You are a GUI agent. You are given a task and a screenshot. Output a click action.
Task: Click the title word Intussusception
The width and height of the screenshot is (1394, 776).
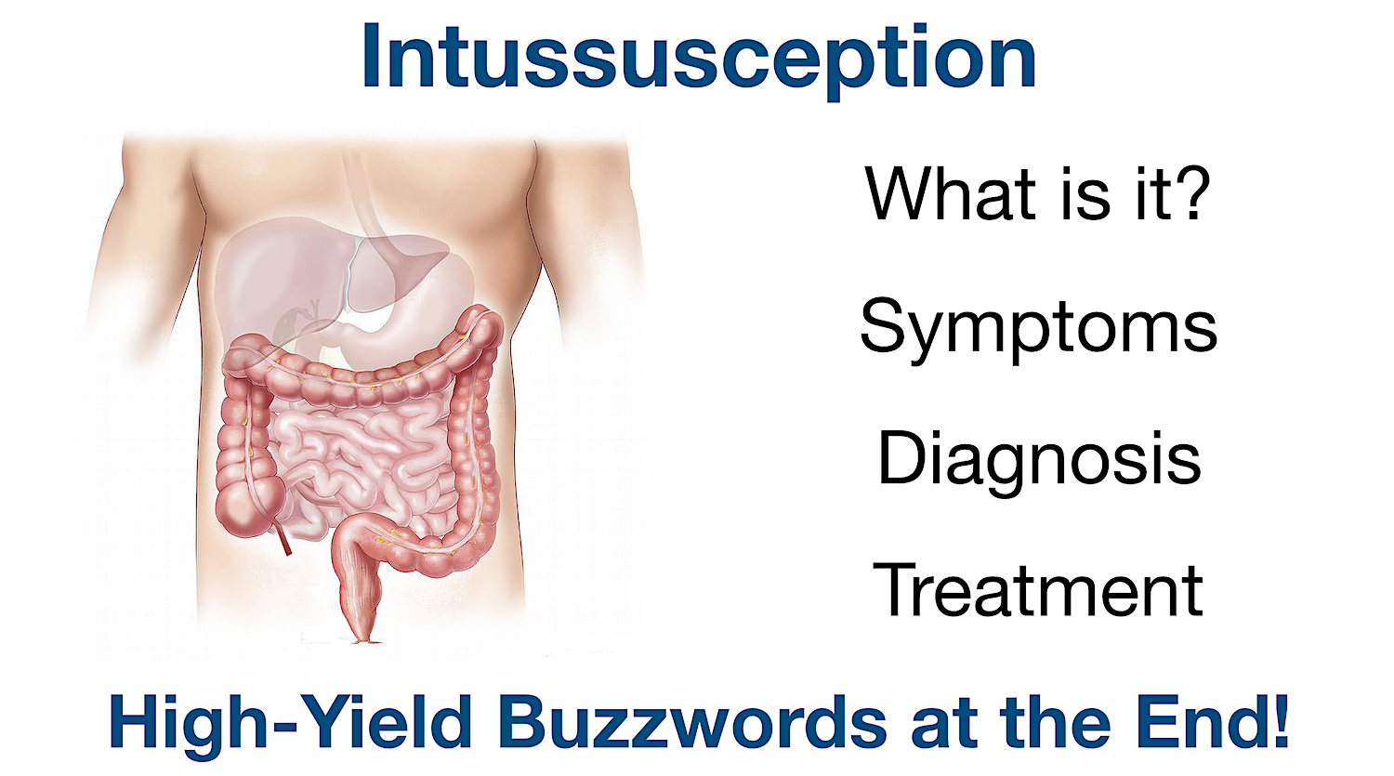click(698, 58)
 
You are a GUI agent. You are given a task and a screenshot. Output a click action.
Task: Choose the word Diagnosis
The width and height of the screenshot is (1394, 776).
click(1039, 459)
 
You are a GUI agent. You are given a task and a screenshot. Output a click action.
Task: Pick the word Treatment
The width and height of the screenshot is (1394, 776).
click(1038, 591)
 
